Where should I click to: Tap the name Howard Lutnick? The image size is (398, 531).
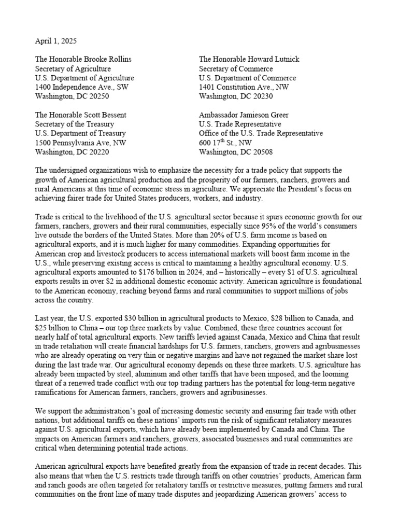(273, 59)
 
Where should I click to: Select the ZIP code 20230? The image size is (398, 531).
(263, 96)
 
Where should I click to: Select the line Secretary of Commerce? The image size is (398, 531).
(236, 68)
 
